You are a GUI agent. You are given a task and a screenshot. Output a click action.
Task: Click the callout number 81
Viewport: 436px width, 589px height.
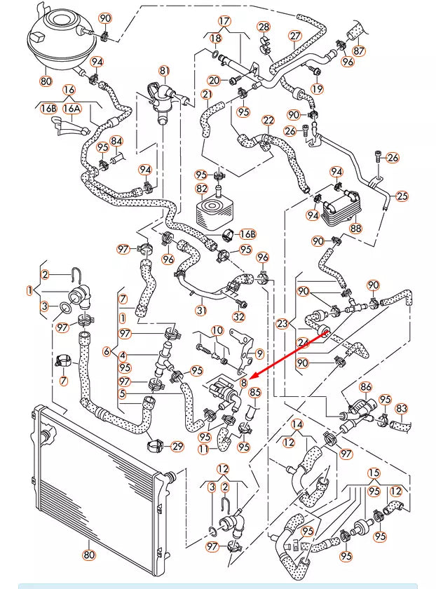[165, 70]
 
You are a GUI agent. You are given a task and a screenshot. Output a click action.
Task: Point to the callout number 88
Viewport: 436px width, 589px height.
[355, 228]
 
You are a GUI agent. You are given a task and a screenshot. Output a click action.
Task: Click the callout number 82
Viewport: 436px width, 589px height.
[202, 189]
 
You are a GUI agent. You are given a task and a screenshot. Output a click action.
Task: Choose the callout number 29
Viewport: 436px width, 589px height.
[177, 446]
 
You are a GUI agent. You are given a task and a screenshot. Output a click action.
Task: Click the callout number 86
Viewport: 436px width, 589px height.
[365, 386]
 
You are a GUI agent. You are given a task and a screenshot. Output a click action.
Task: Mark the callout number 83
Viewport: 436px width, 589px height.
[402, 407]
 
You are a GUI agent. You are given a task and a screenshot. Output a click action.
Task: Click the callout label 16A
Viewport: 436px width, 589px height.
[71, 109]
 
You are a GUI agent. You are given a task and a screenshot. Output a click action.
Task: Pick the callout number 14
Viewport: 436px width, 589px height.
[297, 424]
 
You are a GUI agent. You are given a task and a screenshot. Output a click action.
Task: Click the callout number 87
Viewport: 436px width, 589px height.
[359, 50]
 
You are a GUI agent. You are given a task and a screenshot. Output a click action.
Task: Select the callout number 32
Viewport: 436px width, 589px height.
[239, 316]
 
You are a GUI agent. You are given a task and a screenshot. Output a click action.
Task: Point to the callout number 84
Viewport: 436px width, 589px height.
[116, 142]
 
